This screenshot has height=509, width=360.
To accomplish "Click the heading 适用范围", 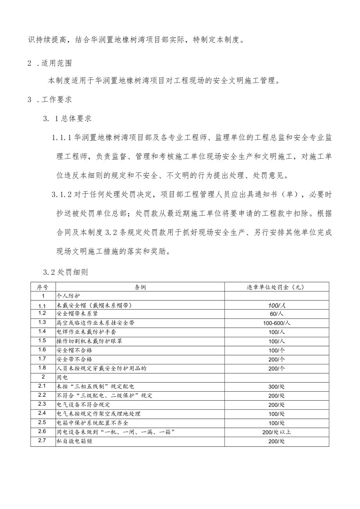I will click(x=56, y=64).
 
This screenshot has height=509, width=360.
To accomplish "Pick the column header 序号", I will click(x=43, y=287).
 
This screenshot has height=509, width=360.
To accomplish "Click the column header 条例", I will click(x=140, y=287).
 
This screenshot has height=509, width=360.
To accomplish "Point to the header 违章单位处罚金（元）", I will click(x=277, y=287).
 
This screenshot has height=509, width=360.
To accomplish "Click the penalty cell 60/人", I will click(x=277, y=314).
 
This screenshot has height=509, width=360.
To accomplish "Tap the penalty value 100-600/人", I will click(x=277, y=323).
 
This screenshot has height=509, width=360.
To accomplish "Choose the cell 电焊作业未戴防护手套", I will click(x=86, y=332).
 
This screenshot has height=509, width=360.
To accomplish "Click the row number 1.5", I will click(x=43, y=340).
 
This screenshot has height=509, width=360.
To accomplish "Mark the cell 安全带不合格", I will click(x=75, y=359).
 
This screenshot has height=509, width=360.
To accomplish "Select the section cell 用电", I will click(x=63, y=378).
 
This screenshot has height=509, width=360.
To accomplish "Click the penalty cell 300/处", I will click(x=277, y=387).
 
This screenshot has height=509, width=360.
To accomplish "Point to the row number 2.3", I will click(x=43, y=404).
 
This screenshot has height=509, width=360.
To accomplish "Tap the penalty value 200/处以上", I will click(x=277, y=432).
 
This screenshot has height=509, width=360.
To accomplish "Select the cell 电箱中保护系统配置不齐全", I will click(x=92, y=423).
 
